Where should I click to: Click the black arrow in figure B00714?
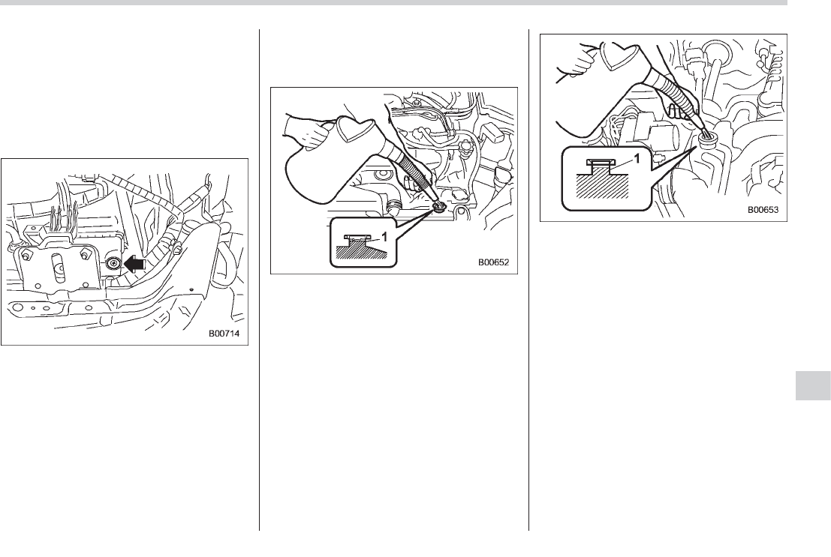tap(134, 263)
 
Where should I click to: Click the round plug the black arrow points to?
tap(113, 263)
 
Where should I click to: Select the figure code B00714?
tap(224, 334)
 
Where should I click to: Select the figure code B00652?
tap(493, 262)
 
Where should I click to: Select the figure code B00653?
tap(763, 209)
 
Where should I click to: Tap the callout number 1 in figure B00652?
tap(385, 237)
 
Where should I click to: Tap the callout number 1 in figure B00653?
tap(637, 158)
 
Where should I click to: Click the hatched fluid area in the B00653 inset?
tap(602, 183)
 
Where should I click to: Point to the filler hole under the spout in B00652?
tap(439, 205)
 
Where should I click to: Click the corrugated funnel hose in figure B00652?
tap(417, 178)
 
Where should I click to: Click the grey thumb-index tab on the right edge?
tap(813, 385)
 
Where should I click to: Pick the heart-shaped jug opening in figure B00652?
tap(354, 130)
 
